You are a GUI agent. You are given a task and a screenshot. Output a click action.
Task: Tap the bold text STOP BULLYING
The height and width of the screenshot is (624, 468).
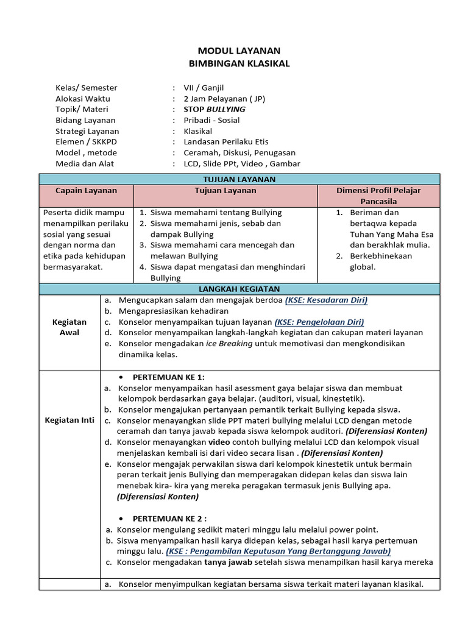pyautogui.click(x=214, y=110)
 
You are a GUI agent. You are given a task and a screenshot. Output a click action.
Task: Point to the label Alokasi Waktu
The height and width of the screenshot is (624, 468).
pyautogui.click(x=83, y=99)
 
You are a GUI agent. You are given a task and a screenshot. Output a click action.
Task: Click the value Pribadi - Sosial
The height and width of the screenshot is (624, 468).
pyautogui.click(x=211, y=121)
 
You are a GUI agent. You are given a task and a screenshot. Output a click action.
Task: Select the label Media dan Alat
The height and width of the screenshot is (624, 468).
pyautogui.click(x=85, y=164)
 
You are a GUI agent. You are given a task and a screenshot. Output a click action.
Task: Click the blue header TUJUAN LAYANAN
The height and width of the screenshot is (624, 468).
pyautogui.click(x=239, y=179)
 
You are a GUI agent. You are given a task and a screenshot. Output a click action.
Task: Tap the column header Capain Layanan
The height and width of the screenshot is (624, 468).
pyautogui.click(x=86, y=191)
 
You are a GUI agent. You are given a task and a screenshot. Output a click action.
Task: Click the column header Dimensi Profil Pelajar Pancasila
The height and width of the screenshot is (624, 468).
pyautogui.click(x=378, y=196)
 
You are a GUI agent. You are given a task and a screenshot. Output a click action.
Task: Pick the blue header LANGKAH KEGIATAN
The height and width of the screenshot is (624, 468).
pyautogui.click(x=239, y=289)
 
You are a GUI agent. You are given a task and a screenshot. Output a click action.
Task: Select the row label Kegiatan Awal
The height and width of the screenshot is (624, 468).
pyautogui.click(x=69, y=327)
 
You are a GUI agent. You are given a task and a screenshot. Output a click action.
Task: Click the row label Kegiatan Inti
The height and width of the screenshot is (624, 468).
pyautogui.click(x=69, y=420)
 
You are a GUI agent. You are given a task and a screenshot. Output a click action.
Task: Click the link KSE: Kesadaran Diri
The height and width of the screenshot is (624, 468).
pyautogui.click(x=326, y=300)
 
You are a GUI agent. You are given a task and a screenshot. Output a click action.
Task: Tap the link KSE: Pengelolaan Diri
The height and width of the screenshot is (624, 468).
pyautogui.click(x=319, y=322)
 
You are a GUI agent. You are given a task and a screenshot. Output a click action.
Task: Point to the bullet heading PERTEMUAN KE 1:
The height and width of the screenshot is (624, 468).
pyautogui.click(x=169, y=377)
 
